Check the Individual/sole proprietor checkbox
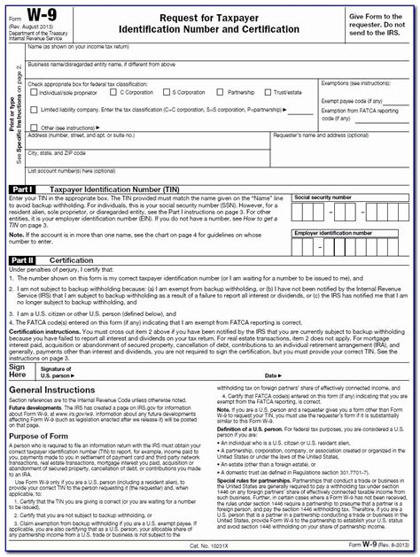point(33,92)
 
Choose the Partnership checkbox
point(222,92)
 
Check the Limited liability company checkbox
point(33,109)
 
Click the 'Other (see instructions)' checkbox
point(33,127)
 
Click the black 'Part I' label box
point(21,190)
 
